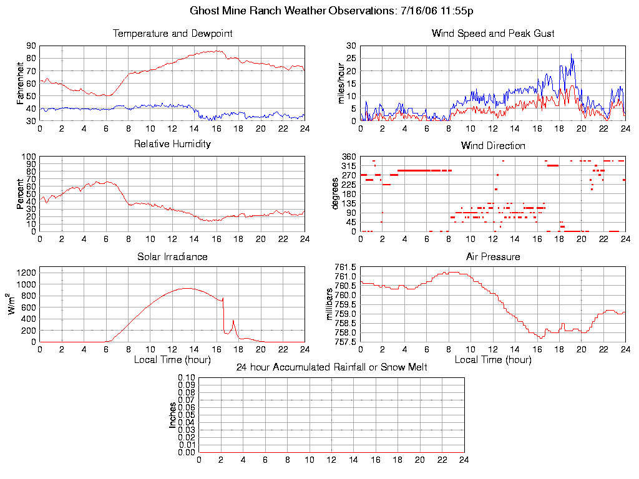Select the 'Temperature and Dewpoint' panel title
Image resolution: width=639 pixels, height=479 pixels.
[172, 34]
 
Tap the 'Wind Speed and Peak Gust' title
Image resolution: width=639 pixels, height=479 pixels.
[493, 34]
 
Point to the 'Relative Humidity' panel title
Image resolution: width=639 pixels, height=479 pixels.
[172, 144]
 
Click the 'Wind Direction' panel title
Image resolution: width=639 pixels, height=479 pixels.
[493, 146]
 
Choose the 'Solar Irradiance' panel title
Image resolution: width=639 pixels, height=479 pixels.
[172, 257]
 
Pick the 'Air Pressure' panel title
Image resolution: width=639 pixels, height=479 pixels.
[493, 257]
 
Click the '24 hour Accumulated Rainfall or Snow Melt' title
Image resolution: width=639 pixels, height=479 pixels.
[331, 367]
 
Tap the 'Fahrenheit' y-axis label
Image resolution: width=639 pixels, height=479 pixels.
[21, 83]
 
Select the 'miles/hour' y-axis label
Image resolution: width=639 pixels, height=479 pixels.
[341, 83]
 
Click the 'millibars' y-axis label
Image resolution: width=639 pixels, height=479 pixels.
[331, 304]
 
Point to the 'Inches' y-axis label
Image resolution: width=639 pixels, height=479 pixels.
[173, 415]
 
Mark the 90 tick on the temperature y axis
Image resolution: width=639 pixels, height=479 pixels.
[31, 46]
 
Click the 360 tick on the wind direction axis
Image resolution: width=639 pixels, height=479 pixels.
[349, 157]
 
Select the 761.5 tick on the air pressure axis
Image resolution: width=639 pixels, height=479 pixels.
[345, 267]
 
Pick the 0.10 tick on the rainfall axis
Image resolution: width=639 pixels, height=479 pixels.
[187, 378]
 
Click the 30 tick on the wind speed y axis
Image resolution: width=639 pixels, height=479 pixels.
[351, 46]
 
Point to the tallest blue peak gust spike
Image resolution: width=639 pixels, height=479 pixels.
[572, 54]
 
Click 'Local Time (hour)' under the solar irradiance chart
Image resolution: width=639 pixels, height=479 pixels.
[172, 360]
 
